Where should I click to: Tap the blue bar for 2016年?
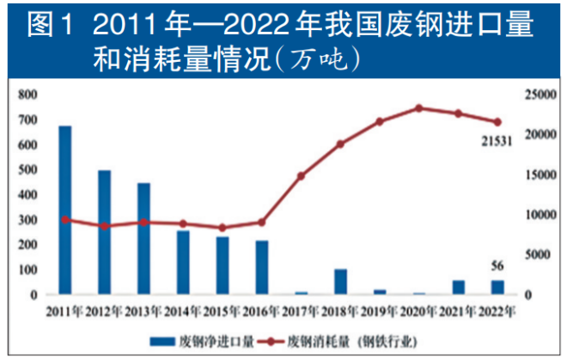[262, 267]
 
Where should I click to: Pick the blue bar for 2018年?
[340, 282]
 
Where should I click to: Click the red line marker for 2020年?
[419, 108]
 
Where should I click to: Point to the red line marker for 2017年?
[302, 176]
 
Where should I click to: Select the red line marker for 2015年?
[223, 228]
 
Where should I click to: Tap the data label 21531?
[497, 141]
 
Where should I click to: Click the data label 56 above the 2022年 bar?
[497, 265]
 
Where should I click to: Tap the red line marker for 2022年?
[497, 122]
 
